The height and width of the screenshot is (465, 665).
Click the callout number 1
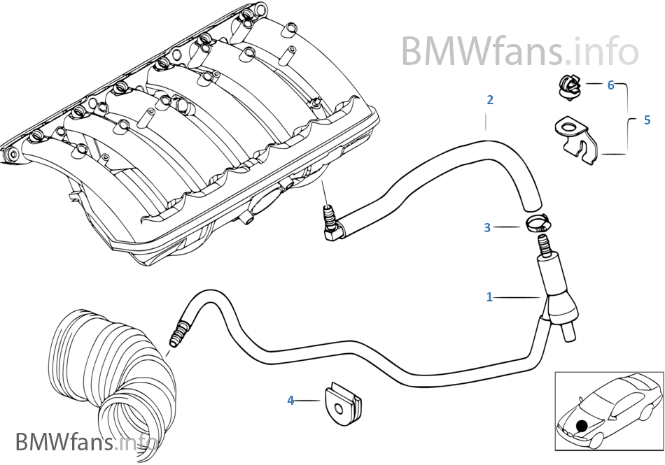490,297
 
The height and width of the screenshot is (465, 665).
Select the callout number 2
490,100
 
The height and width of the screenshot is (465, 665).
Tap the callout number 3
487,227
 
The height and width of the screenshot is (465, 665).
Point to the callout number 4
291,401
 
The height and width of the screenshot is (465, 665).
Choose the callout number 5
647,120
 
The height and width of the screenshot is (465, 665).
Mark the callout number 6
610,85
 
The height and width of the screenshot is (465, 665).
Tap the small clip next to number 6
568,86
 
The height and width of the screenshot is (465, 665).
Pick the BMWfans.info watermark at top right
519,50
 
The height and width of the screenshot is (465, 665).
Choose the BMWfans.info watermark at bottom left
85,442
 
